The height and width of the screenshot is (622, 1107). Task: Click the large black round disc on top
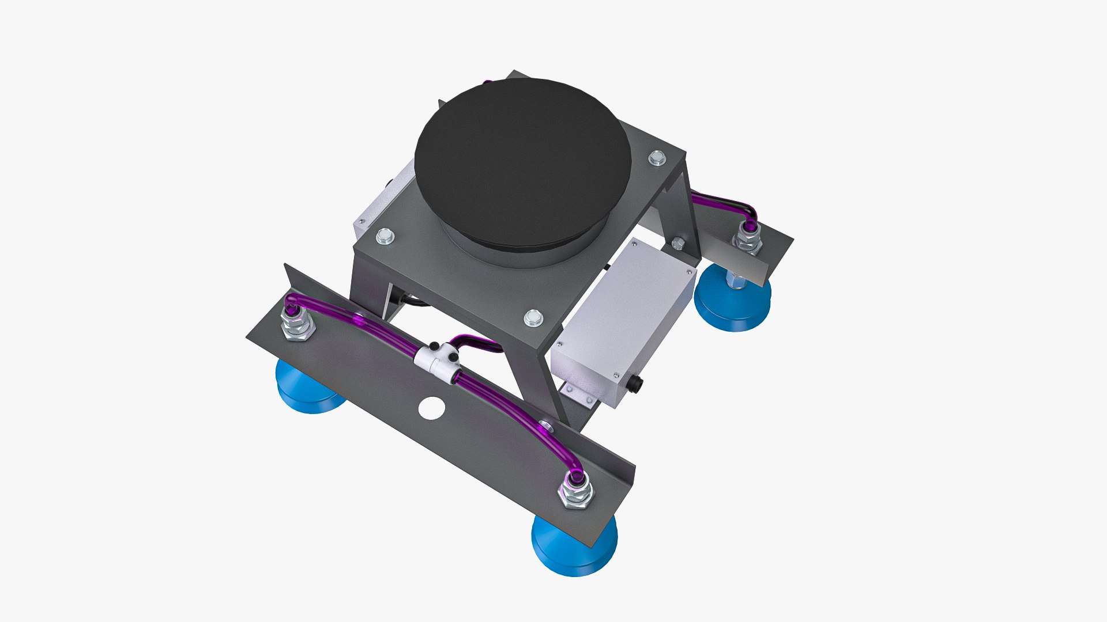pyautogui.click(x=522, y=161)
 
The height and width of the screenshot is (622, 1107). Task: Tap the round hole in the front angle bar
pyautogui.click(x=431, y=408)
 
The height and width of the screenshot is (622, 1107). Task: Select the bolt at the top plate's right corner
pyautogui.click(x=657, y=157)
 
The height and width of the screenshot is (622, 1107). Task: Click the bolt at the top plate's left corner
pyautogui.click(x=384, y=236)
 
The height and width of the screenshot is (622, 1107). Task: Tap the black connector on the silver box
pyautogui.click(x=637, y=383)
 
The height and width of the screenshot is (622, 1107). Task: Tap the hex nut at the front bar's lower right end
pyautogui.click(x=576, y=493)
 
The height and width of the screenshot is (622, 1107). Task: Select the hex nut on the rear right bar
pyautogui.click(x=748, y=238)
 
